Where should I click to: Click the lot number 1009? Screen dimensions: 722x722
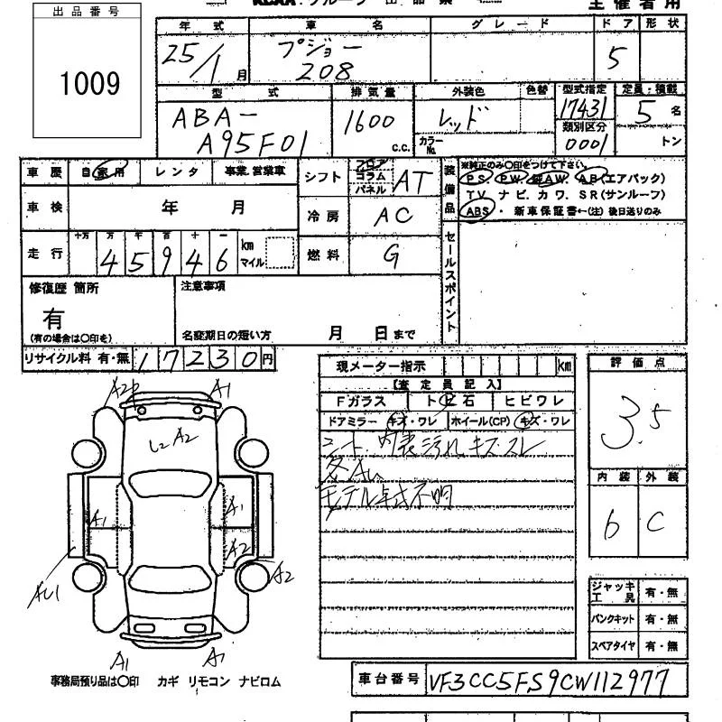point(89,84)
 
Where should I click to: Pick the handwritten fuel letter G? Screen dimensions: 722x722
point(392,256)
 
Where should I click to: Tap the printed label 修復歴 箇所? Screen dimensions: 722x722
point(62,288)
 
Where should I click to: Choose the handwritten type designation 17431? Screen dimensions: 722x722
point(582,107)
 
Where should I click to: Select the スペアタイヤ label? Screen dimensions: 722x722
point(613,646)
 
